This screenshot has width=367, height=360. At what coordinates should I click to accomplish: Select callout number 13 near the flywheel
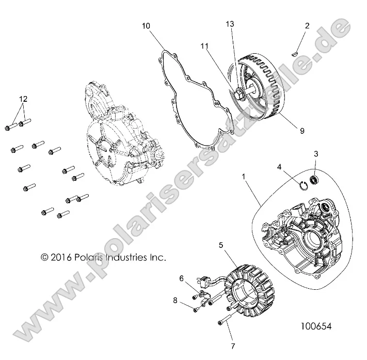tap(230, 24)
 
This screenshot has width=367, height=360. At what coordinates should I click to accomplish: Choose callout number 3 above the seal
tap(316, 154)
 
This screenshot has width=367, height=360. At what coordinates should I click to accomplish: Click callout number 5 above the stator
tap(221, 245)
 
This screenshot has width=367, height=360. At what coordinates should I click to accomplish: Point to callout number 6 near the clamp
tap(181, 278)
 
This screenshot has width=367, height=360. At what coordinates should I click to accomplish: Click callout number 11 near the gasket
tap(204, 46)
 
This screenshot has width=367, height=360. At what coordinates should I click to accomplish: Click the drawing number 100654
tap(315, 326)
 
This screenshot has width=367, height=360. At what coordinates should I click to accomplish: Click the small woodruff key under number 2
tap(295, 51)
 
